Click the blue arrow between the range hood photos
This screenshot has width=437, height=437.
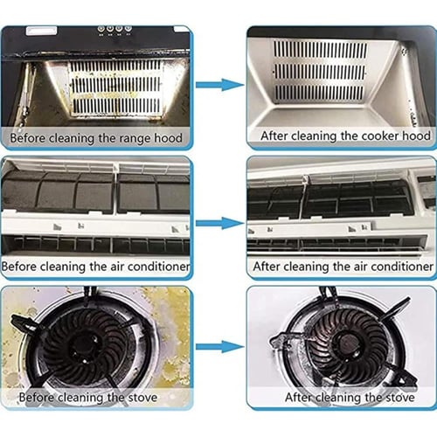click(x=220, y=85)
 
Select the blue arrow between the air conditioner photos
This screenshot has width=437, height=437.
click(x=220, y=223)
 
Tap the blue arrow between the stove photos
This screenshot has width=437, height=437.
click(x=220, y=347)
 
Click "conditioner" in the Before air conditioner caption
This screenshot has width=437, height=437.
click(x=159, y=267)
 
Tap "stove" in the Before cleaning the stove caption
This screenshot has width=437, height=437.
click(x=142, y=397)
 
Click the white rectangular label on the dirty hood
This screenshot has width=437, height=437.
click(x=41, y=31)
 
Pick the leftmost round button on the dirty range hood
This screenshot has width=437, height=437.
click(x=101, y=29)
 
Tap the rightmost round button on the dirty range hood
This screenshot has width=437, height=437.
click(x=128, y=29)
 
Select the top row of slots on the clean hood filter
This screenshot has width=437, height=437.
click(x=321, y=50)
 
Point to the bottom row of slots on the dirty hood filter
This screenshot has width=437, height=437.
click(x=116, y=106)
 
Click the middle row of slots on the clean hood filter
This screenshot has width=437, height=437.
click(x=320, y=72)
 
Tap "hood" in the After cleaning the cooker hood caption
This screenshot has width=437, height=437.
click(x=417, y=135)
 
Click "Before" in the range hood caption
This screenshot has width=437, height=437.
click(x=28, y=138)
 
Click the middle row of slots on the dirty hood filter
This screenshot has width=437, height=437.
click(x=116, y=84)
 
